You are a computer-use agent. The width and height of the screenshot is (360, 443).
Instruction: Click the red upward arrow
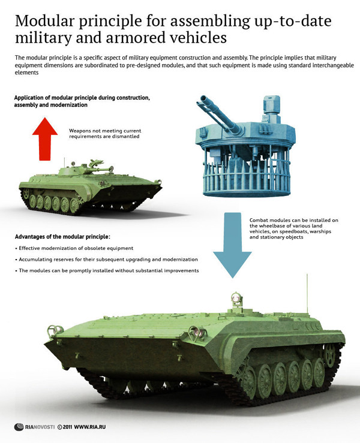[45, 139]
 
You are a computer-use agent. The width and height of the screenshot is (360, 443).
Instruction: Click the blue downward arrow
[232, 245]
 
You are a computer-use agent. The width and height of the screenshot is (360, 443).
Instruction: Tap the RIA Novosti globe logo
[19, 427]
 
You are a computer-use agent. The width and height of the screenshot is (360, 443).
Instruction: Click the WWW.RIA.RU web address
[89, 427]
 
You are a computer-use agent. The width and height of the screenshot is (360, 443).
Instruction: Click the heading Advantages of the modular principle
[62, 236]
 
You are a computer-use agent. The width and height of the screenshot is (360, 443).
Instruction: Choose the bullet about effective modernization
[74, 248]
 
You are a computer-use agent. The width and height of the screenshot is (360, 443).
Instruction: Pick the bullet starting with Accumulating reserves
[106, 260]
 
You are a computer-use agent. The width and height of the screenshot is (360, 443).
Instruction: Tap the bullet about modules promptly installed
[107, 270]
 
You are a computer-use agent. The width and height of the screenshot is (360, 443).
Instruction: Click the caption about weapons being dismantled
[105, 133]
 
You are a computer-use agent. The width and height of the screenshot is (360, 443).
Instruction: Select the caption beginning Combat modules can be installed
[293, 228]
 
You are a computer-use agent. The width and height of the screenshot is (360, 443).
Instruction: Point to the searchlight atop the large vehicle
[236, 298]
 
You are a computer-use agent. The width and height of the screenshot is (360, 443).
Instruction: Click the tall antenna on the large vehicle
[307, 293]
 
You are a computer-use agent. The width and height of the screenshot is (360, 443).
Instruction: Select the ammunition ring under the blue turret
[247, 178]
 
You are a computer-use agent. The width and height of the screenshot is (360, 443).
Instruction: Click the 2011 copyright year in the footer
[67, 427]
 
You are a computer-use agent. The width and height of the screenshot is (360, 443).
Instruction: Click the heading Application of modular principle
[82, 101]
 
